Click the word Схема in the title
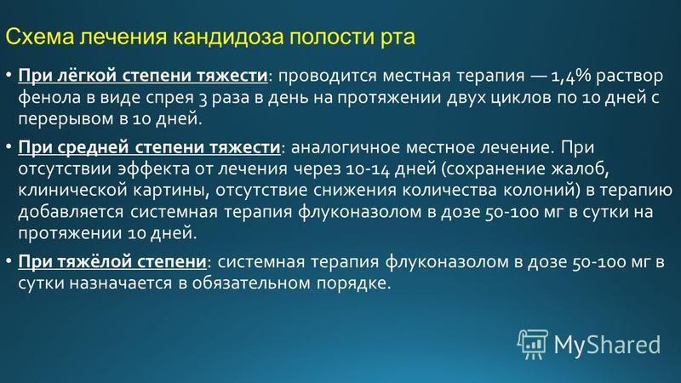[x=39, y=37]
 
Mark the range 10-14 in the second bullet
[x=368, y=169]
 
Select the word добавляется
[x=71, y=211]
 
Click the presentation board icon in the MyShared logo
[x=533, y=344]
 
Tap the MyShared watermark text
[x=607, y=345]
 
